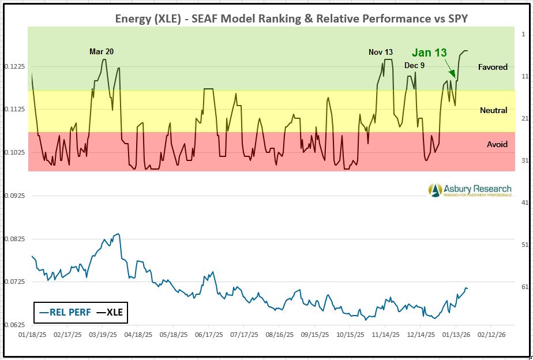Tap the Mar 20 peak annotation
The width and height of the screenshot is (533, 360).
(102, 51)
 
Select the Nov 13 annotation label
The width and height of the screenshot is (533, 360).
(381, 52)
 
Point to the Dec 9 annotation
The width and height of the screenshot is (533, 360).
(414, 65)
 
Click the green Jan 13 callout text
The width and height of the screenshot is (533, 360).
(429, 52)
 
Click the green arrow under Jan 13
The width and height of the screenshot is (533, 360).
(450, 70)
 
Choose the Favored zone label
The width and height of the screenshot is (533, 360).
(493, 67)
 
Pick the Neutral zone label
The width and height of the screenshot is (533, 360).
(493, 110)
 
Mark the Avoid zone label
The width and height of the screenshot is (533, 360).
(497, 144)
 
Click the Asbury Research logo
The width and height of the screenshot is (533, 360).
(470, 190)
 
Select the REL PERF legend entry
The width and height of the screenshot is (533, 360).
(62, 313)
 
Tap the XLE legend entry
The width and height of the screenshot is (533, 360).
(110, 313)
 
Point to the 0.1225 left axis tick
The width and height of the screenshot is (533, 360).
(13, 66)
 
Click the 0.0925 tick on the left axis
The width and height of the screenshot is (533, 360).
(13, 196)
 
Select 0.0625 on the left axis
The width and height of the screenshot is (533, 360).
(13, 325)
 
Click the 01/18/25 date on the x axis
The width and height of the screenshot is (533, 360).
(32, 335)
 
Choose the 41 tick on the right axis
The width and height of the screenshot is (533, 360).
(524, 202)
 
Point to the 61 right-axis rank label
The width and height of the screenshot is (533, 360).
(524, 287)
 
